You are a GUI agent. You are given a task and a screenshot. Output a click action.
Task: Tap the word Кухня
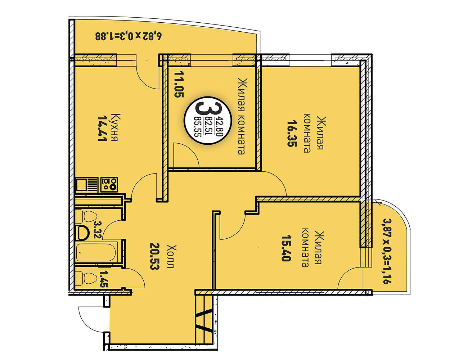tap(116, 127)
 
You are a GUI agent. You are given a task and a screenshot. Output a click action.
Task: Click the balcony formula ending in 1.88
tap(128, 36)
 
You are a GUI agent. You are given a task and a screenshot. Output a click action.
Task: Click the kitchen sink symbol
tap(87, 185)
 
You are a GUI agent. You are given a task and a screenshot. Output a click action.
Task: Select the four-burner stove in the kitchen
tap(109, 185)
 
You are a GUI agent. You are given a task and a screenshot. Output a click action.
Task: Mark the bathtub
tap(96, 253)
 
